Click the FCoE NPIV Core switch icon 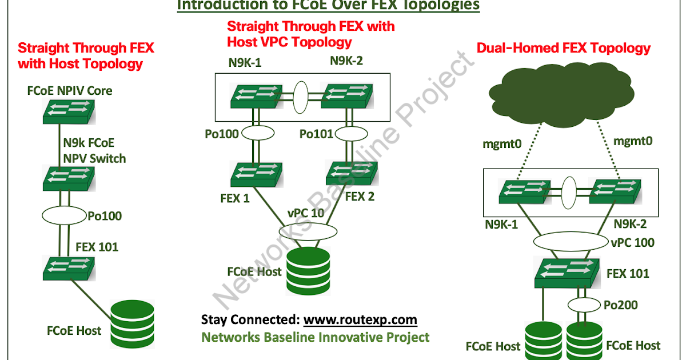click(x=68, y=111)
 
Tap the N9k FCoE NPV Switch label click(x=93, y=151)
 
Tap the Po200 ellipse click(x=584, y=305)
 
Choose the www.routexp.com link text click(x=360, y=319)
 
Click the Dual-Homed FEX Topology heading click(x=564, y=48)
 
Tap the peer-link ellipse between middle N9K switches click(x=304, y=95)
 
